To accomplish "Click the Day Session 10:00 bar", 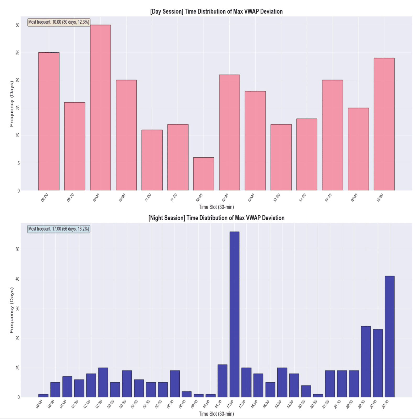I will pyautogui.click(x=100, y=108).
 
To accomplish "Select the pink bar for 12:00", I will pyautogui.click(x=203, y=174).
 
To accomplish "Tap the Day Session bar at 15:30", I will pyautogui.click(x=384, y=124).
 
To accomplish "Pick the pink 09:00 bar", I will pyautogui.click(x=49, y=122).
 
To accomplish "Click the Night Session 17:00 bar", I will pyautogui.click(x=234, y=314).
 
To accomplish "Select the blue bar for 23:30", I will pyautogui.click(x=389, y=337).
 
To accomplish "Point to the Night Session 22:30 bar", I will pyautogui.click(x=366, y=362).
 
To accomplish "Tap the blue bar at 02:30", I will pyautogui.click(x=103, y=382).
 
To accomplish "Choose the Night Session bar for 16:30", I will pyautogui.click(x=222, y=381).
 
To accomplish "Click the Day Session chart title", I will pyautogui.click(x=216, y=12).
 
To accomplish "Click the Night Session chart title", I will pyautogui.click(x=216, y=218).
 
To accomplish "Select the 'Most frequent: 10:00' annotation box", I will pyautogui.click(x=59, y=22).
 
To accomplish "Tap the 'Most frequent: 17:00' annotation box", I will pyautogui.click(x=59, y=229).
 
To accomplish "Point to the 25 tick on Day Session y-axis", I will pyautogui.click(x=18, y=53).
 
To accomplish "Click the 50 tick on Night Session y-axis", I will pyautogui.click(x=18, y=250).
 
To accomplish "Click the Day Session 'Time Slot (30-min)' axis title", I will pyautogui.click(x=216, y=207).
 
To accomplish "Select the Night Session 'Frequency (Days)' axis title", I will pyautogui.click(x=12, y=310).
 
